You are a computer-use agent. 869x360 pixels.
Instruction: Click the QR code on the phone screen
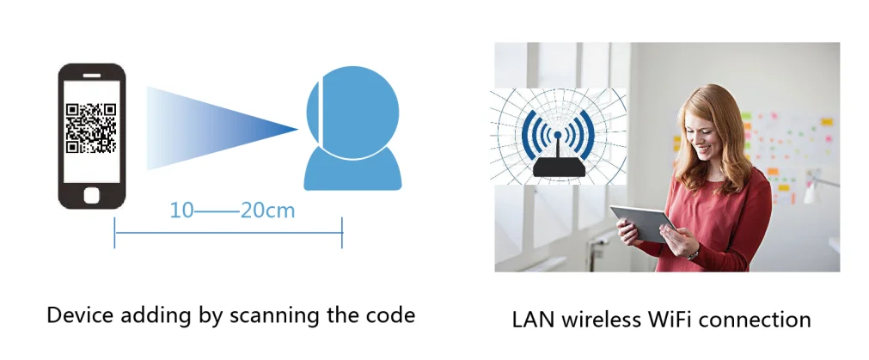coord(90,128)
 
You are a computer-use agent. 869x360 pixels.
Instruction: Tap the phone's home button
coord(91,194)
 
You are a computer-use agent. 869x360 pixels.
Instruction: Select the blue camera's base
coord(352,171)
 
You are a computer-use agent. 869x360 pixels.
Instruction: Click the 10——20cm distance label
coord(232,210)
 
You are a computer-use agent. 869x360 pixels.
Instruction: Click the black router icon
coord(558,166)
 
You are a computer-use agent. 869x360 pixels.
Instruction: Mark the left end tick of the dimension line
coord(115,232)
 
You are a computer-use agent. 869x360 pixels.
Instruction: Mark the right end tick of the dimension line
coord(342,232)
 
